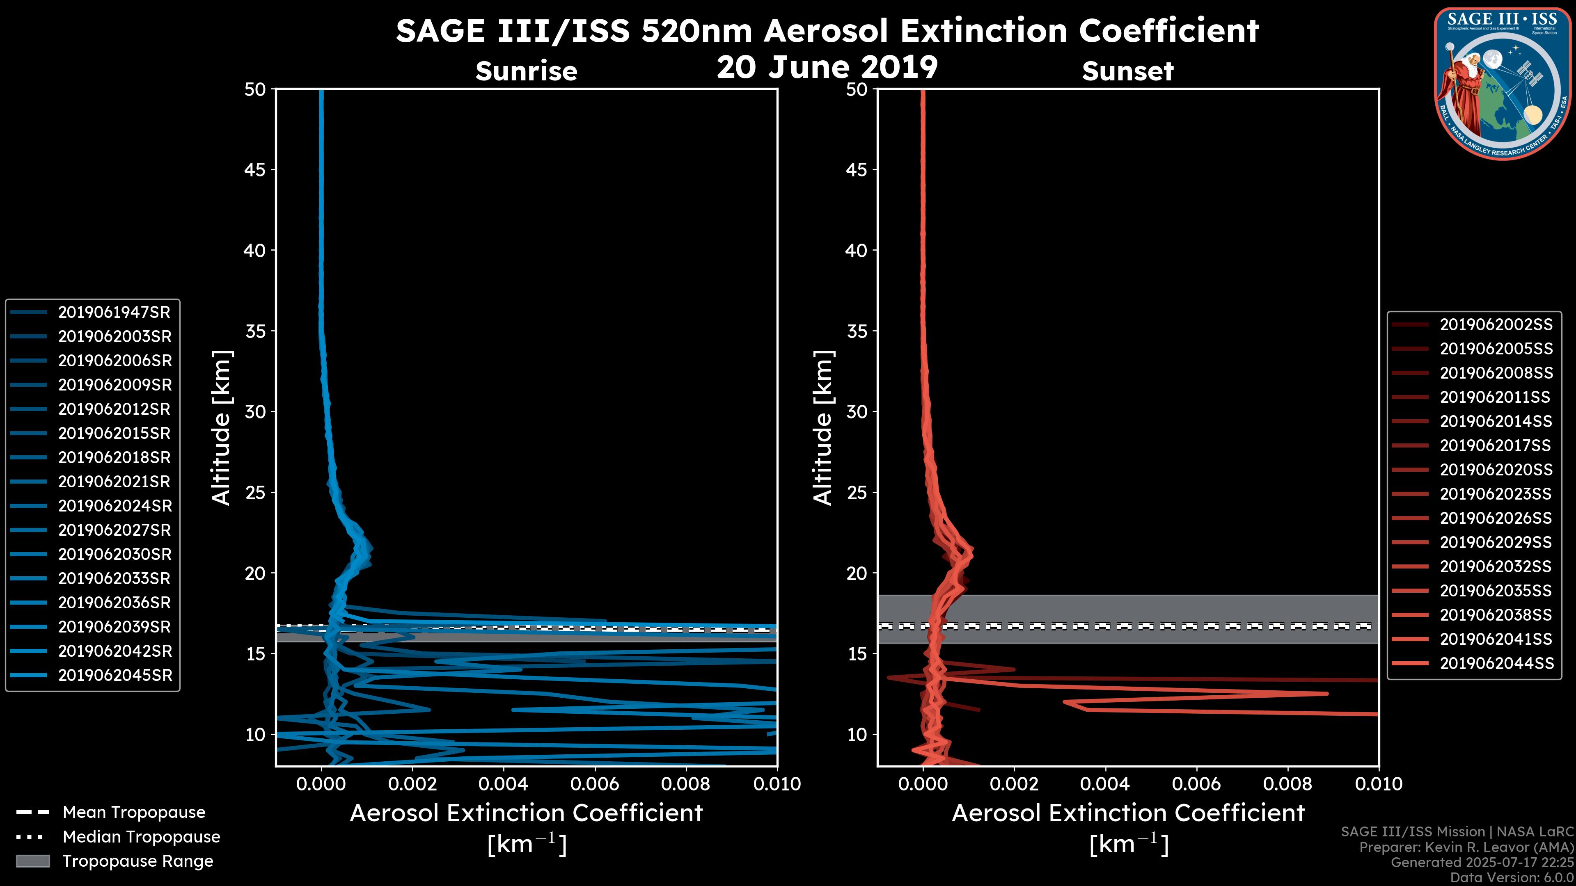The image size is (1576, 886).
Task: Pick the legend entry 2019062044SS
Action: (1496, 663)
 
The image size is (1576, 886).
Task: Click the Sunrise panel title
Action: (526, 71)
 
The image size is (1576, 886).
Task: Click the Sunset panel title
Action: (1127, 71)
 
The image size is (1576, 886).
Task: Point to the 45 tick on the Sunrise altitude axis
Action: (255, 170)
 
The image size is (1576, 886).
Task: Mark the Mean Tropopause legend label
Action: (134, 813)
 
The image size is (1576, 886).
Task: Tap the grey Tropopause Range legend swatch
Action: (32, 861)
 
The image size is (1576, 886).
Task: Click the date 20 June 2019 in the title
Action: (827, 67)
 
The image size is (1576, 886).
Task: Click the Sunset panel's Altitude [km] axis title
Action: (823, 428)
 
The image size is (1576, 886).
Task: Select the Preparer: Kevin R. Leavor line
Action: (1466, 847)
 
